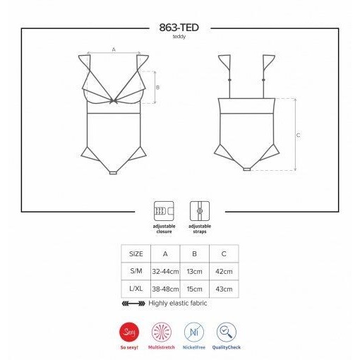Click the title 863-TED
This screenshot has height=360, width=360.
click(179, 28)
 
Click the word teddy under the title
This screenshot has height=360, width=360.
click(179, 37)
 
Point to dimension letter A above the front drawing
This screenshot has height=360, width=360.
click(114, 49)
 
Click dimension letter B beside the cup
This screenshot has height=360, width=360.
click(158, 88)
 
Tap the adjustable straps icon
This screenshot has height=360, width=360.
click(199, 210)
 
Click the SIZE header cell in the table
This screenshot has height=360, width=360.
click(136, 254)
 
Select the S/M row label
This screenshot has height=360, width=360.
click(136, 272)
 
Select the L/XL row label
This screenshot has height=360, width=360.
click(136, 289)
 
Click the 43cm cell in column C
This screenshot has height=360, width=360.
click(224, 289)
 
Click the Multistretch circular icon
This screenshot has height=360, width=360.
click(162, 332)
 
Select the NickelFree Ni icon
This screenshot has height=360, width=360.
click(194, 332)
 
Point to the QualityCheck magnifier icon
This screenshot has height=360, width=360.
click(227, 332)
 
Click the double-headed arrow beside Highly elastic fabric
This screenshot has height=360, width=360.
click(133, 304)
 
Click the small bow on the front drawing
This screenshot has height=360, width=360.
click(114, 99)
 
